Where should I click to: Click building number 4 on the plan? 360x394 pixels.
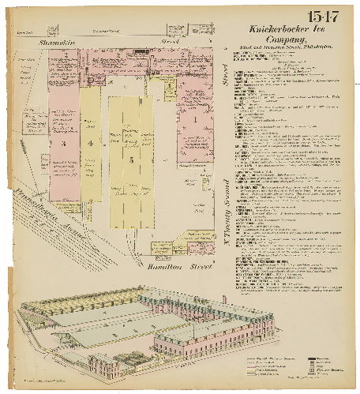pos(92,143)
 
